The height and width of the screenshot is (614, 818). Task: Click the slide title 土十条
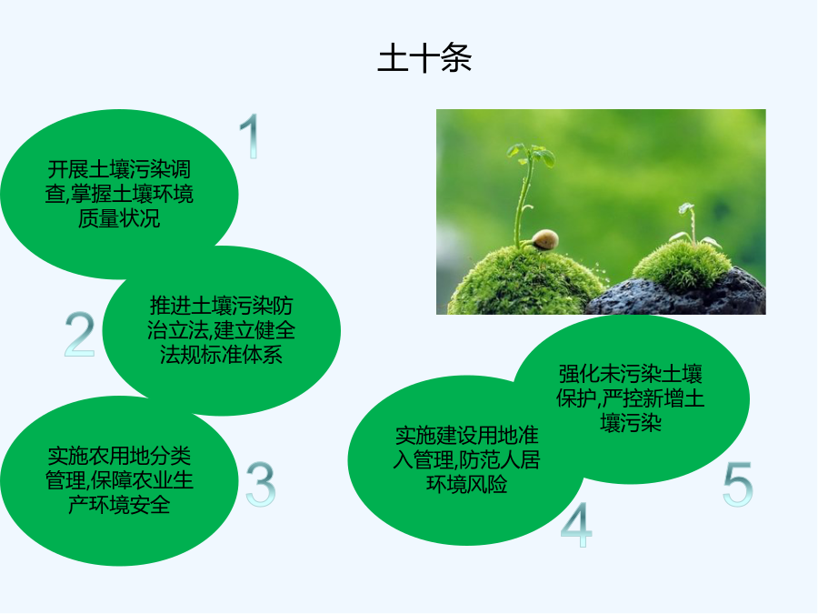pos(424,57)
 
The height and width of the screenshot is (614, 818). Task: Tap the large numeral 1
pos(251,136)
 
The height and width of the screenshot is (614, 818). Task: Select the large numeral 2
pos(80,334)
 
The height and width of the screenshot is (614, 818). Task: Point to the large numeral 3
pos(260,484)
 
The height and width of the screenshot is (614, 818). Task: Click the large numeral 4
pos(576,524)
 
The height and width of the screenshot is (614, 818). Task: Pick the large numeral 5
pos(738,484)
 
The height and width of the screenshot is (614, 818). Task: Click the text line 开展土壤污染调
pos(119,170)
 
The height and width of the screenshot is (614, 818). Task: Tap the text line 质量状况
pos(119,218)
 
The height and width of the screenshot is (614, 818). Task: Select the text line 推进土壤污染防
pos(222,306)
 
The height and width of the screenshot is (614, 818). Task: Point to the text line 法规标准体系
pos(222,355)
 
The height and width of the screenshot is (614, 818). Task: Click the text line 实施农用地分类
pos(119,456)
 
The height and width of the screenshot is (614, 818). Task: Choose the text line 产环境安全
pos(119,505)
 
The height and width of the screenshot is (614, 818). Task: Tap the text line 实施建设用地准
pos(467,436)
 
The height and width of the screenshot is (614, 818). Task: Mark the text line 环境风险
pos(467,485)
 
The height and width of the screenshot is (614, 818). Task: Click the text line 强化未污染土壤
pos(631,374)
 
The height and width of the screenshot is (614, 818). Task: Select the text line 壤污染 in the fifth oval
pos(631,423)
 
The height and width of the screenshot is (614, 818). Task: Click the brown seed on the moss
pos(544,239)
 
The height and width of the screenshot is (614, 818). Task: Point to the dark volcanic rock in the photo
pos(678,296)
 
